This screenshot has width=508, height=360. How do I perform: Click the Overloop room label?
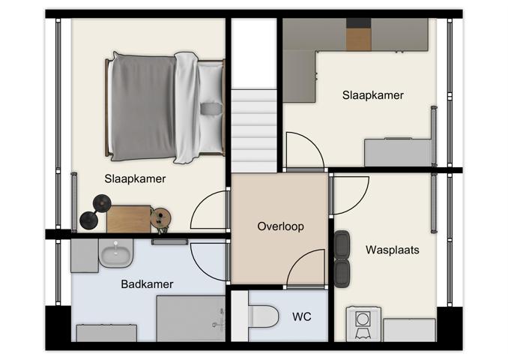(280, 226)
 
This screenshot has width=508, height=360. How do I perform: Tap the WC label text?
(301, 316)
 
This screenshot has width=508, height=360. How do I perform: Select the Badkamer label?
(147, 284)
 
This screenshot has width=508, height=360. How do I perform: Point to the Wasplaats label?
(392, 250)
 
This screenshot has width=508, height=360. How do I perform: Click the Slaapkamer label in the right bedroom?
(372, 95)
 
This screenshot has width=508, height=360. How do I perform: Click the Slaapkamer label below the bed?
(135, 179)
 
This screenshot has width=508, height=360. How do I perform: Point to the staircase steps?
(253, 127)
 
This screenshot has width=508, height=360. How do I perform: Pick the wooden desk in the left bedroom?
(128, 218)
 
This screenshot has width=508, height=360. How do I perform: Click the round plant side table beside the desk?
(160, 218)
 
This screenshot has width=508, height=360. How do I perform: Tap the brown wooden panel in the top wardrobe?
(358, 34)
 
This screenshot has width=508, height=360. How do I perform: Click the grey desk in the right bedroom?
(397, 152)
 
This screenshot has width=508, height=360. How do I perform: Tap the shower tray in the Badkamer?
(190, 317)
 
